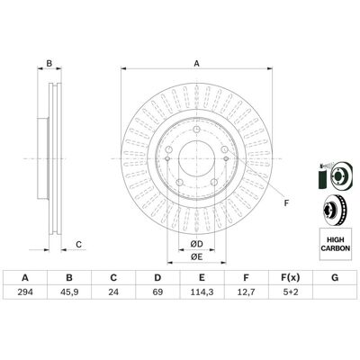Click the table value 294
[25, 292]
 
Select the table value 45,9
[69, 292]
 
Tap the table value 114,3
[202, 292]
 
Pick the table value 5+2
[290, 292]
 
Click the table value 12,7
[246, 292]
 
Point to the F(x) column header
[290, 278]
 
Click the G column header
[335, 278]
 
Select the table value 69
[157, 292]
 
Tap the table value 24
[113, 292]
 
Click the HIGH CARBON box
[336, 244]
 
